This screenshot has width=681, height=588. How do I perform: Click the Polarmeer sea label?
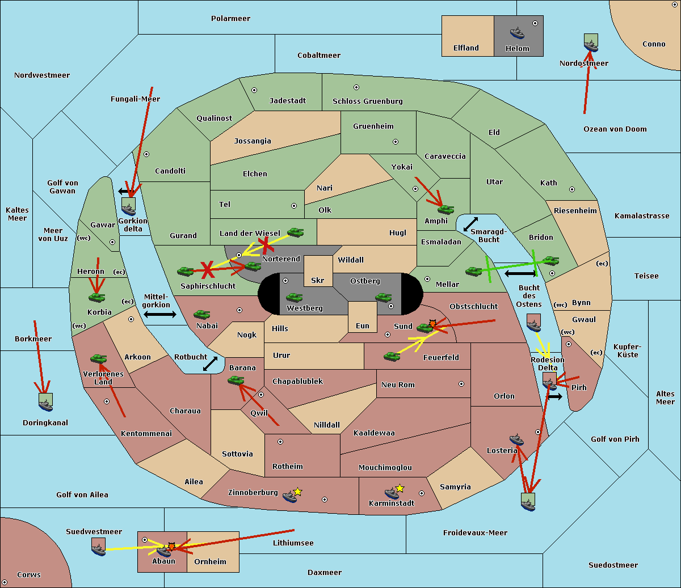(230, 19)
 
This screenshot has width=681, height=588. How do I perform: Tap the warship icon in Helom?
(517, 32)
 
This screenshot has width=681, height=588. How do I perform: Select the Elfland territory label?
(466, 48)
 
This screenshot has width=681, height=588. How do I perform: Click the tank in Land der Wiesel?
(295, 232)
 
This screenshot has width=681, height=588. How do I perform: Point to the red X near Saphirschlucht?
(208, 269)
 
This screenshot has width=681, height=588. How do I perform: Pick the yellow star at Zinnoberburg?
(298, 492)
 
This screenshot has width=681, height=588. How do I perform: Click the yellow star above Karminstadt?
(400, 488)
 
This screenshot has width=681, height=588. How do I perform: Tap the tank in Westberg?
(294, 297)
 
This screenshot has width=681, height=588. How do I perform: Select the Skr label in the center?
(318, 280)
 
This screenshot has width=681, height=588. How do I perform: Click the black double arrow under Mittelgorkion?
(160, 314)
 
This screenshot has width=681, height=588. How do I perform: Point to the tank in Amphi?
(445, 210)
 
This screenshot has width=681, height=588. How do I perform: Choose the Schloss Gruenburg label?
(367, 101)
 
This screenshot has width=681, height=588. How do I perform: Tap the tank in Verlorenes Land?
(98, 358)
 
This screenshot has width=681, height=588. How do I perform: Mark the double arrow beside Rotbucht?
(210, 363)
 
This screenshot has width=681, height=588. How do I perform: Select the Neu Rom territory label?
(398, 384)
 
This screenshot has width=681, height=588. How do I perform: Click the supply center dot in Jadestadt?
(254, 90)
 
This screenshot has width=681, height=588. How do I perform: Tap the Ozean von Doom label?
(615, 129)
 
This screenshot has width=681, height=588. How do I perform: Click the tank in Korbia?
(97, 297)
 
